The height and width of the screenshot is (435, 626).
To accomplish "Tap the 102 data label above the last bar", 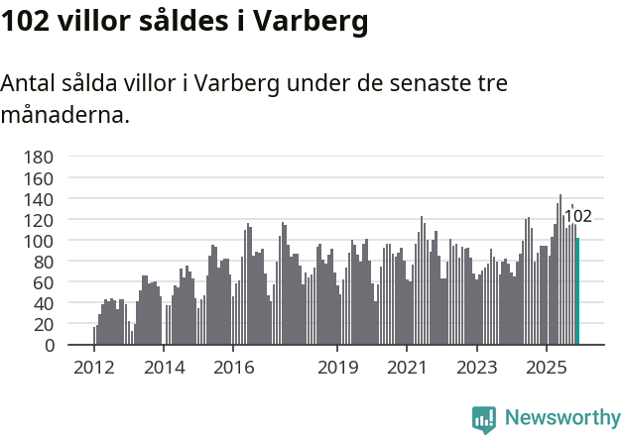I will click(x=577, y=217).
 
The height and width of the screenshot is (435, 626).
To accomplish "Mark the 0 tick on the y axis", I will click(x=47, y=346).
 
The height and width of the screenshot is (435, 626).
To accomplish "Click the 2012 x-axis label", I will click(x=94, y=368).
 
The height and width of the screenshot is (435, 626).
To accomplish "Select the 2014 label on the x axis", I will click(x=164, y=368).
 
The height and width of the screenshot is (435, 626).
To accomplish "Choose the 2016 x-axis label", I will click(x=233, y=368).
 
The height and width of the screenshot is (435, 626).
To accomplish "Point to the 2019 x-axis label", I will click(x=337, y=368).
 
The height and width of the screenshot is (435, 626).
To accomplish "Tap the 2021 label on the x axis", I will click(x=407, y=368).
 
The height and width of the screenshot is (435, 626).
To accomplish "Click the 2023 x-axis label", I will click(x=476, y=368).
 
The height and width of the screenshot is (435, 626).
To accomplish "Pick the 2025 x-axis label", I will click(x=546, y=368).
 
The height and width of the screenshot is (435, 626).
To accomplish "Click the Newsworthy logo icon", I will click(x=484, y=419).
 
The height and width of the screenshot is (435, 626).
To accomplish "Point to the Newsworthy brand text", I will click(x=562, y=418).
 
